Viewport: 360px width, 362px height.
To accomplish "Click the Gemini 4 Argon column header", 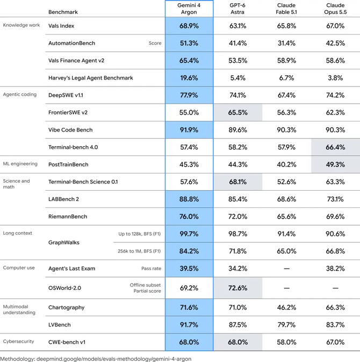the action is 189,9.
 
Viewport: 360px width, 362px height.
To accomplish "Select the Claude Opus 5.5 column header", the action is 335,9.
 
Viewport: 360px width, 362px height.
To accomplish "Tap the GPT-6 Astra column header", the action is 237,9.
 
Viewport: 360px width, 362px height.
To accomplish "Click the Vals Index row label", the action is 61,26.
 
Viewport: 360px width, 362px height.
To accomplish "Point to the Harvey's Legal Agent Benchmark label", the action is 90,78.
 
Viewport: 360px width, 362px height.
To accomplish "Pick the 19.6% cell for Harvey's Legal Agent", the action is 189,78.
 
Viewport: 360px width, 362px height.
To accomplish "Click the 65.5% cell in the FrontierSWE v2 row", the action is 238,112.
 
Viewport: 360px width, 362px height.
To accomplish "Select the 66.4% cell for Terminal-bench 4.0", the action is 335,147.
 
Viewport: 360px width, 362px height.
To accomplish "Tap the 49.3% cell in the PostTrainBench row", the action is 335,164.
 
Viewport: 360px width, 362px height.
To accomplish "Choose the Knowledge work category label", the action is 21,25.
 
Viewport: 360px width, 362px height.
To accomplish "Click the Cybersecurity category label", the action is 18,342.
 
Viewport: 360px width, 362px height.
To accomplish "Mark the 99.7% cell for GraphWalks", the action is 189,234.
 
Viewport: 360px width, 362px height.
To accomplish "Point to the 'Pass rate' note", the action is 151,269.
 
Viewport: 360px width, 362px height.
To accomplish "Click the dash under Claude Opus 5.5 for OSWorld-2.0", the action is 335,288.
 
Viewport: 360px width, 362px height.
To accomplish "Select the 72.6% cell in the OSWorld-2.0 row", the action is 238,288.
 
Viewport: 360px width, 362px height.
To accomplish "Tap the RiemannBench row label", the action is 68,216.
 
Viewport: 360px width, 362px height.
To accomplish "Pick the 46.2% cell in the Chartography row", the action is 286,308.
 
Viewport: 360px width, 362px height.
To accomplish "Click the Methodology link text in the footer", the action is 96,359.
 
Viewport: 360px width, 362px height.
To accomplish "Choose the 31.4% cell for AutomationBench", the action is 286,43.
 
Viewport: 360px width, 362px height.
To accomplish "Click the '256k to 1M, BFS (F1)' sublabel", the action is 139,251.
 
